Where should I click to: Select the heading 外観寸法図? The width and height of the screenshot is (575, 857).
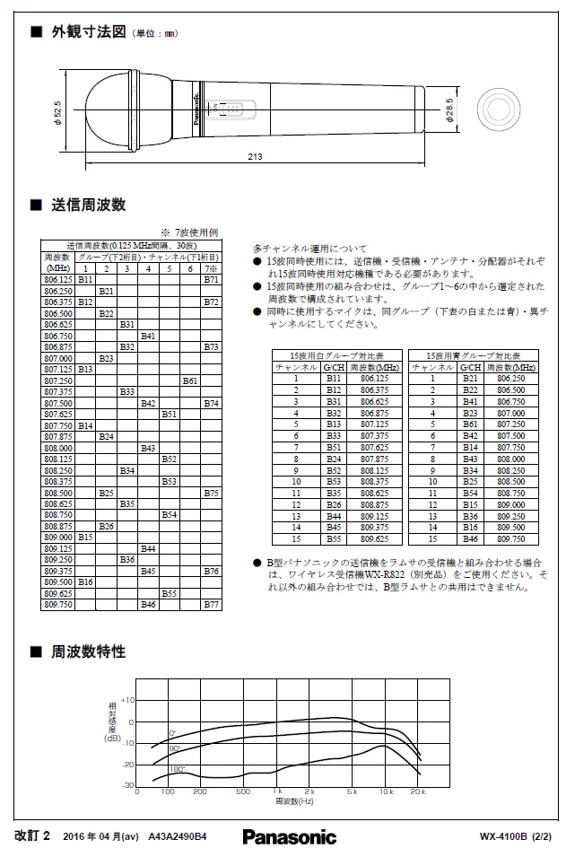tap(87, 32)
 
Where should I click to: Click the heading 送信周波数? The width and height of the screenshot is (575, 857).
tap(87, 205)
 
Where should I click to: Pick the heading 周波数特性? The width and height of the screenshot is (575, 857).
tap(87, 651)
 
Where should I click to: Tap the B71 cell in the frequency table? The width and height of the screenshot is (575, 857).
tap(211, 280)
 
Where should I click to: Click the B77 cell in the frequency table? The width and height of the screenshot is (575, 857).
tap(211, 605)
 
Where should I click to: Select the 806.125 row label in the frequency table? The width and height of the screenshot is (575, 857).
tap(58, 280)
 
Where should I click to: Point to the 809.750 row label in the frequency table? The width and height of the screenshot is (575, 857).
tap(58, 605)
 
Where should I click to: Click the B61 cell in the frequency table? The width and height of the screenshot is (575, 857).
tap(190, 380)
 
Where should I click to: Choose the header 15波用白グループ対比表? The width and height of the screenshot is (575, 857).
tap(336, 355)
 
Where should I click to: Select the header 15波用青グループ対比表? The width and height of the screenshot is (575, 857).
tap(473, 355)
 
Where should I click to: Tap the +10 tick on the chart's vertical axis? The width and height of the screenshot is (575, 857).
tap(126, 700)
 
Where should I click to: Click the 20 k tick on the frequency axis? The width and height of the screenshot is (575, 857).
tap(416, 792)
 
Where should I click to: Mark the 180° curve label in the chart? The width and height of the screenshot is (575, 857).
tap(177, 769)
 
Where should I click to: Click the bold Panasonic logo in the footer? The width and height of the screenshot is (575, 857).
tap(289, 836)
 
